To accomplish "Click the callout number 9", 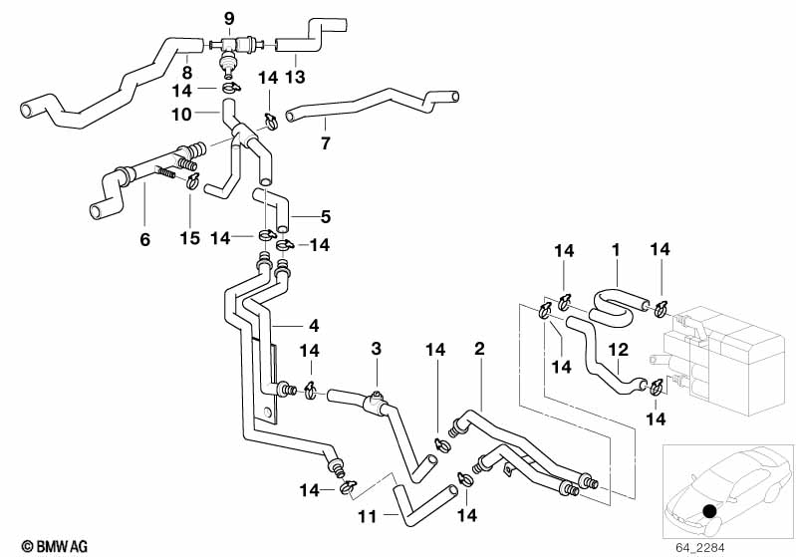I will tap(229, 19).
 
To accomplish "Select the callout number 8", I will tap(186, 72).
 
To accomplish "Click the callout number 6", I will tap(145, 239).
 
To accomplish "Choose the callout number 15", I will tap(190, 239).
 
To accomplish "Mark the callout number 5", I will tap(326, 215).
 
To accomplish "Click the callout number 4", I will tap(314, 325).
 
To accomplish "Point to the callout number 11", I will tap(369, 517).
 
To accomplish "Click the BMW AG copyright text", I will tap(35, 546).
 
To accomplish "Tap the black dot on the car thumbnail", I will tap(708, 512).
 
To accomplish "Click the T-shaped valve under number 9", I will tap(230, 50).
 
